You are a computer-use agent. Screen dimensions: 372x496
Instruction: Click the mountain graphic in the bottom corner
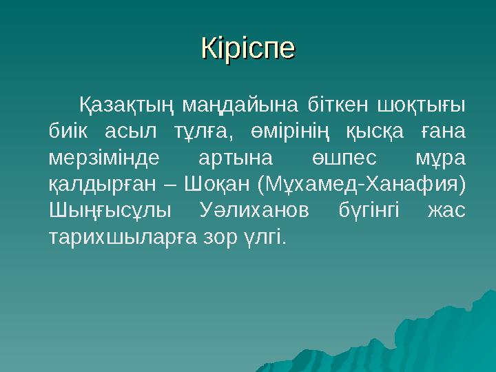[441, 338]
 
